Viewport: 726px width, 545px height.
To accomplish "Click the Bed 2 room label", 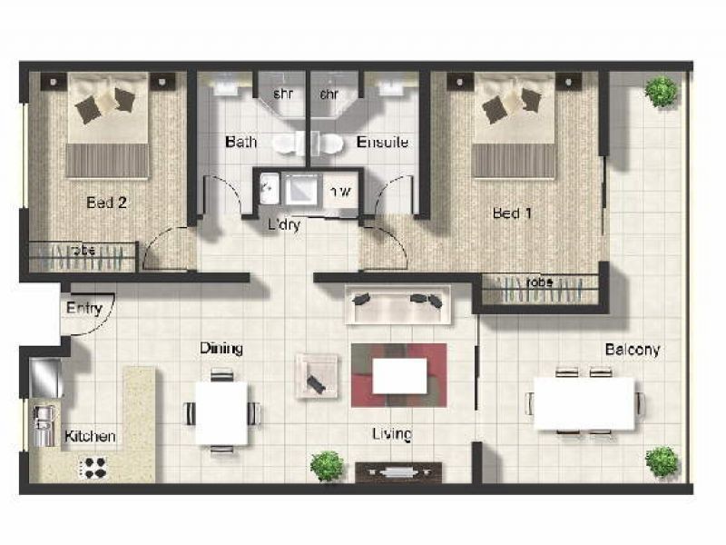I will (x=106, y=203).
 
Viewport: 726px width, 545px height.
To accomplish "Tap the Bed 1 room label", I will (x=512, y=213).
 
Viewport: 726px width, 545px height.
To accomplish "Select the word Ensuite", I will (x=382, y=143).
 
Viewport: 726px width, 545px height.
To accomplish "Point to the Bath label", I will (x=240, y=143).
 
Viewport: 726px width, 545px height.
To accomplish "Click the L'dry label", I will (x=283, y=224).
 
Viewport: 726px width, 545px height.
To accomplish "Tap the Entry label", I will (x=84, y=309).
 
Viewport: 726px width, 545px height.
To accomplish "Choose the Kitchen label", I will (x=90, y=437).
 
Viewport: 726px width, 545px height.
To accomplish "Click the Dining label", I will (x=221, y=349).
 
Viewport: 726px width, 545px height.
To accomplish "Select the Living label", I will (x=392, y=434).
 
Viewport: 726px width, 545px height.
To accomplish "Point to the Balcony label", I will (x=633, y=350).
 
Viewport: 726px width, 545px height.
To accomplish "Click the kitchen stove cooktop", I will (x=93, y=467).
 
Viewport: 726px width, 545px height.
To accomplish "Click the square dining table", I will (x=221, y=413).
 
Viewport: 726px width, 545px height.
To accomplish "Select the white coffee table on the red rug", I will (x=399, y=375).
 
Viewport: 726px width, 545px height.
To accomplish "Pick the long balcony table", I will (x=584, y=402).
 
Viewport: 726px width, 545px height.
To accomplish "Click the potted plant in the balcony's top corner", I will (x=662, y=90).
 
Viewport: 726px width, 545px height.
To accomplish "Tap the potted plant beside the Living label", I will (x=327, y=466).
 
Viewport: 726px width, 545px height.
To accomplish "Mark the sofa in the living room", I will (x=397, y=302).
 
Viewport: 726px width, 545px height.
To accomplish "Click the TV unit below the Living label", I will (x=398, y=471).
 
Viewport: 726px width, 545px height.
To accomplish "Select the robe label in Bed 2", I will (x=83, y=250).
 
